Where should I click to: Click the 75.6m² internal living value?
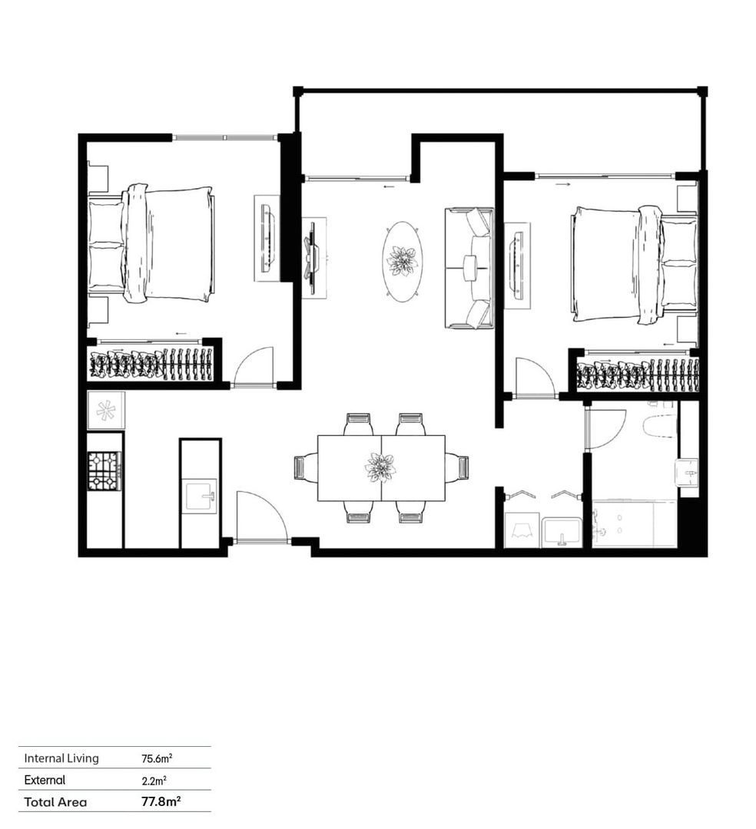156,758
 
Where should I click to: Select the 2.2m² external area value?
154,780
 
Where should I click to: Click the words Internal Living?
61,758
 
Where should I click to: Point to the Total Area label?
55,802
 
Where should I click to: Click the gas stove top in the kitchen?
104,471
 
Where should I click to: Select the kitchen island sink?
201,496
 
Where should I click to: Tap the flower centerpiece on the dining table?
380,467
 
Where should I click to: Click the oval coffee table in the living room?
402,259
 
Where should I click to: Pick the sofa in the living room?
469,267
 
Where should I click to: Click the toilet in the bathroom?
660,425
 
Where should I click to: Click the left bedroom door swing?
254,367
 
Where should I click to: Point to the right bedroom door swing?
534,378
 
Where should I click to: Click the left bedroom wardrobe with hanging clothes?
151,364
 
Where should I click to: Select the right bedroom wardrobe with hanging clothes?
637,374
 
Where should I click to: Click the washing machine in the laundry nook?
521,530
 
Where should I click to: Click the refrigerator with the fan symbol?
105,410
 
